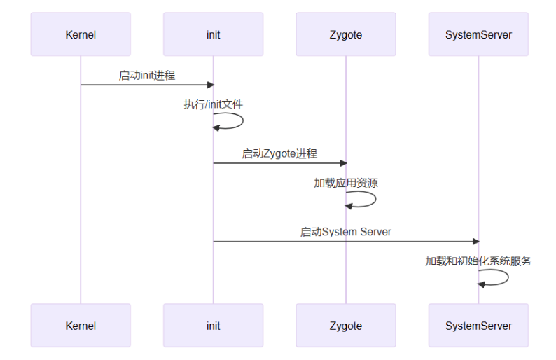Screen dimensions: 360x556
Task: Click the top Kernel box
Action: (x=81, y=34)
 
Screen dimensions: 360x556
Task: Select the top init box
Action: (x=213, y=34)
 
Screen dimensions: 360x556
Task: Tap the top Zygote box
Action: (x=345, y=34)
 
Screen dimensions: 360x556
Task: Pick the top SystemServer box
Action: (x=478, y=34)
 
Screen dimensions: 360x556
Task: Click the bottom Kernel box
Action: (x=81, y=326)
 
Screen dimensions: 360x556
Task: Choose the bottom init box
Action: (x=213, y=326)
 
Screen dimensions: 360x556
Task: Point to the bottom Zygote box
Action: (x=345, y=326)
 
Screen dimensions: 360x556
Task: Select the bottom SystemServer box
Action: (x=478, y=326)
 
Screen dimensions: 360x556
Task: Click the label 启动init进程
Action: (x=147, y=76)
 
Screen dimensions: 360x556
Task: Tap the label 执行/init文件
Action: (x=214, y=104)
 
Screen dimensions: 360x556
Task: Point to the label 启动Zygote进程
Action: (x=279, y=154)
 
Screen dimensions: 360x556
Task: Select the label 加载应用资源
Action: (x=346, y=183)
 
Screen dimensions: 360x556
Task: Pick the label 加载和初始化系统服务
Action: (x=478, y=261)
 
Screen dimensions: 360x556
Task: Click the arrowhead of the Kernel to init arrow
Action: (x=209, y=85)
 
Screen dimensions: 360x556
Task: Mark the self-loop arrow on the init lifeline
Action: (x=238, y=120)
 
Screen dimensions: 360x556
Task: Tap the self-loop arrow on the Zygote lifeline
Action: (x=371, y=199)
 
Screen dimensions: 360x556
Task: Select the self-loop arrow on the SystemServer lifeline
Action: (x=503, y=277)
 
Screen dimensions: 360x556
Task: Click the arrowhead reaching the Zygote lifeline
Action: (x=342, y=163)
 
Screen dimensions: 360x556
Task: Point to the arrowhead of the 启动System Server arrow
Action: (x=475, y=242)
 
